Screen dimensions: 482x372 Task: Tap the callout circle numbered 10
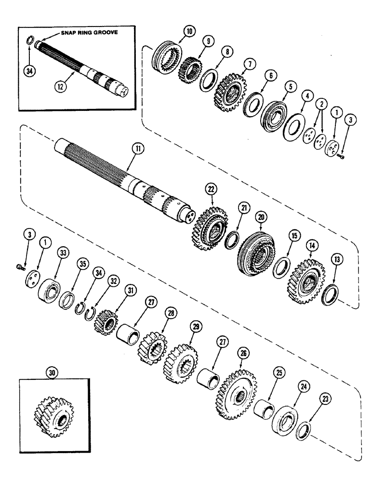pos(176,32)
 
